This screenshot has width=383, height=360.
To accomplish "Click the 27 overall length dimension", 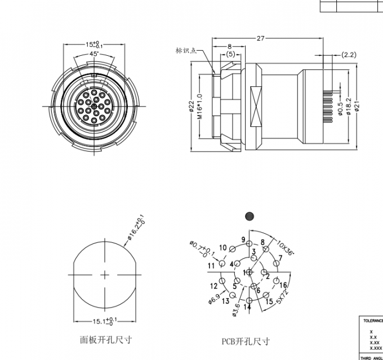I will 260,39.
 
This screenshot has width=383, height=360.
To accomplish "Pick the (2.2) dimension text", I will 349,55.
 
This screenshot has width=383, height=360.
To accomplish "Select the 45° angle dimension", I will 94,54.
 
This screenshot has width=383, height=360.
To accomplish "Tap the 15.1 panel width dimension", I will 103,321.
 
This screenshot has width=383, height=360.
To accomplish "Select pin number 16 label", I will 283,286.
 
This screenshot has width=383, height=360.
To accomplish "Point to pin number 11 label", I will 211,265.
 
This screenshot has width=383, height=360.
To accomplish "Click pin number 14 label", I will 247,307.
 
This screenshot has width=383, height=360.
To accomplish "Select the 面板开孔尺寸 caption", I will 106,340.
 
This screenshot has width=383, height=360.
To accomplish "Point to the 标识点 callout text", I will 186,50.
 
